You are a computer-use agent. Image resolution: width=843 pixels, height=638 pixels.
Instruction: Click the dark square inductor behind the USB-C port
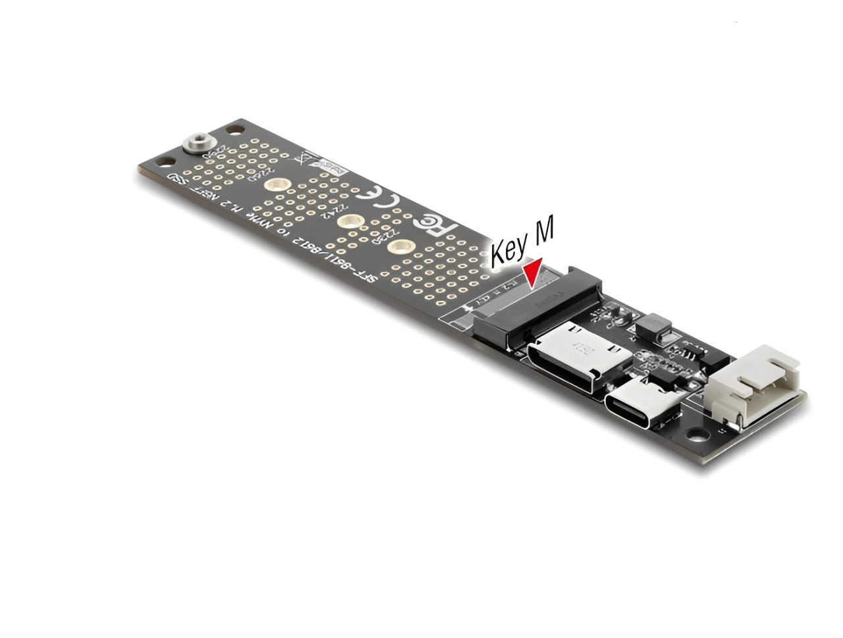pos(659,323)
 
